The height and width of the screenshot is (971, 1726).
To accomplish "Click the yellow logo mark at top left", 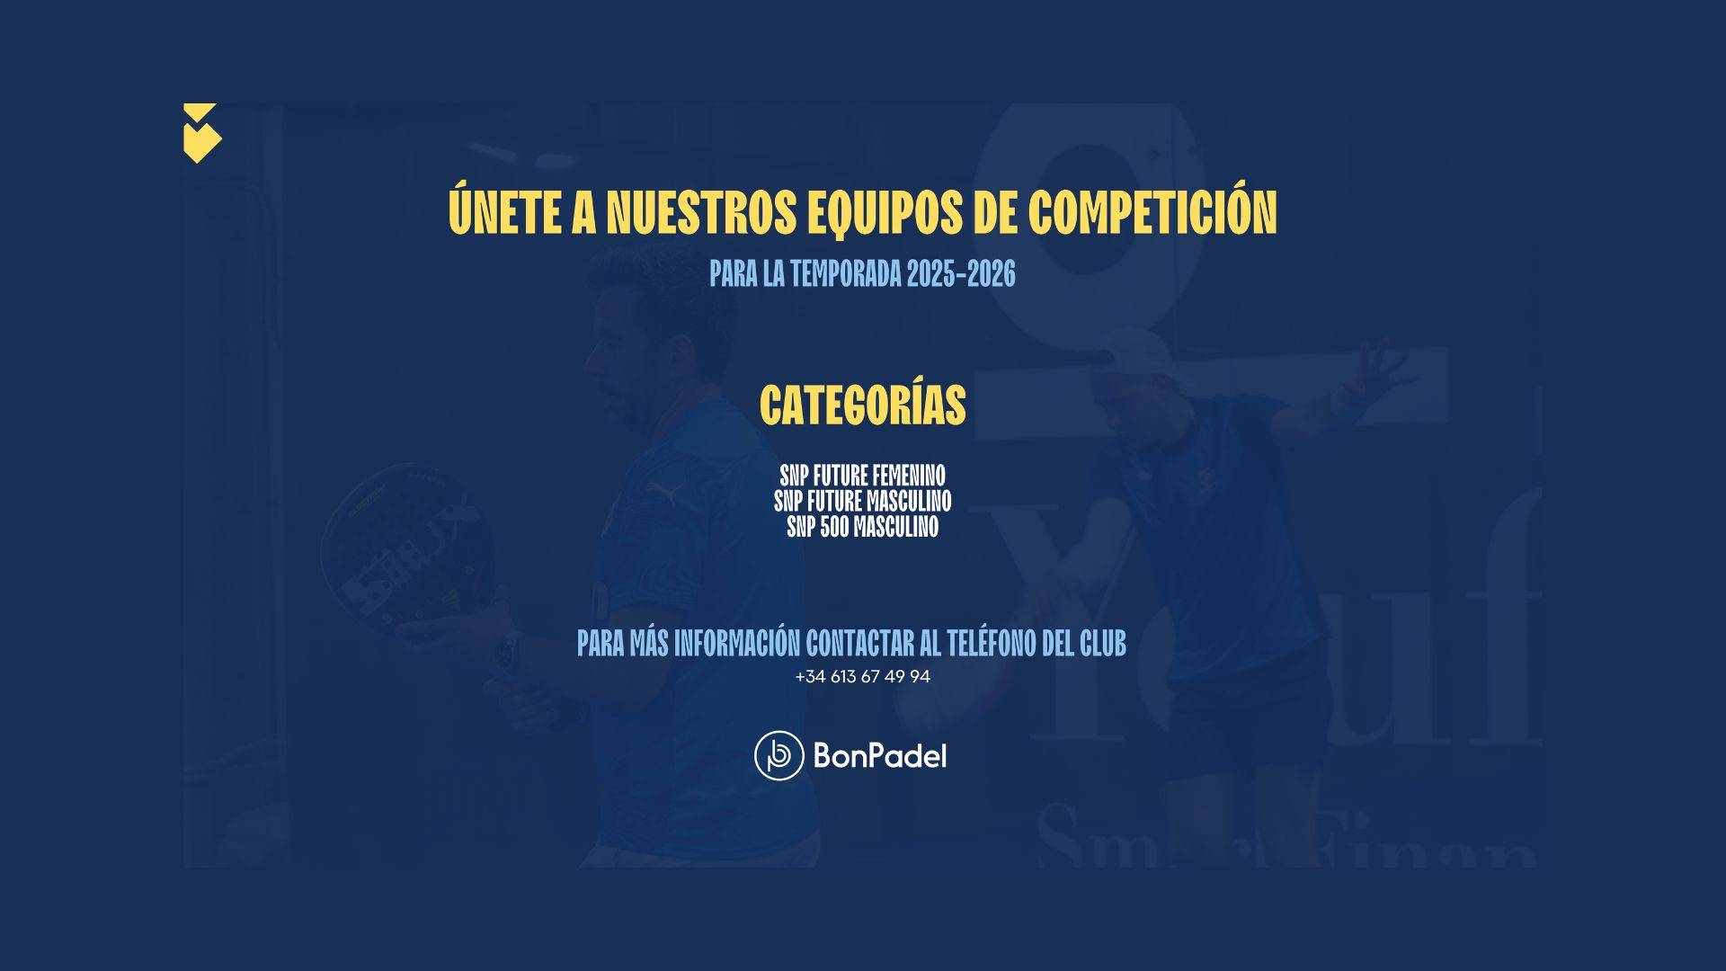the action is point(202,133).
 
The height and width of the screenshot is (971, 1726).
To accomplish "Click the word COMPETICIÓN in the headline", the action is point(1152,210).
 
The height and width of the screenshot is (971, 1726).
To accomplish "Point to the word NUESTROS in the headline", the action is point(701,212).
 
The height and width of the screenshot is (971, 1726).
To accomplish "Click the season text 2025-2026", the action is point(961,274).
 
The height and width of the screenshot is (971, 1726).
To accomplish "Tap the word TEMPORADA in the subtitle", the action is point(846,274).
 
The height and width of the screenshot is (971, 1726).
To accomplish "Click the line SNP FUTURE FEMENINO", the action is point(863,475).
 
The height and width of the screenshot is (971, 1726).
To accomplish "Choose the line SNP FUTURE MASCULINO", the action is point(863,501).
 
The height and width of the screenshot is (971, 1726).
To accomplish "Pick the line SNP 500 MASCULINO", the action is point(863,527).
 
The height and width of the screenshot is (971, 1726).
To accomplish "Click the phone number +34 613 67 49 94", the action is point(863,677).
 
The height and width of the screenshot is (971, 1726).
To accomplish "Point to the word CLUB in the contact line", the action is point(1103,644).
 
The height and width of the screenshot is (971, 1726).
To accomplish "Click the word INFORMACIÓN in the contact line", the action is point(737,643).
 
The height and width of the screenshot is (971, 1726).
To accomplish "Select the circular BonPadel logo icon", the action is point(778,755).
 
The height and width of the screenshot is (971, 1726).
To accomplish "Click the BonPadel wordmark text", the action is point(880,755).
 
